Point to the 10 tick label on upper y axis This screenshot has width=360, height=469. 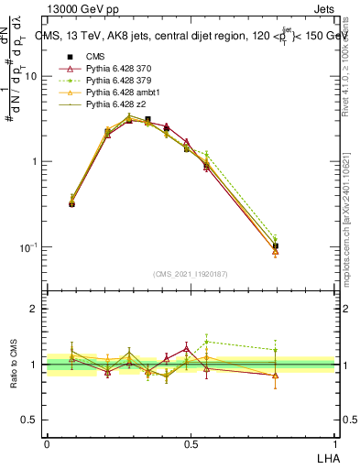click(30, 77)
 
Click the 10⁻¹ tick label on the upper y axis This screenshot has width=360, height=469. click(28, 248)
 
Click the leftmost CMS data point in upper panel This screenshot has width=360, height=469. click(72, 203)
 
